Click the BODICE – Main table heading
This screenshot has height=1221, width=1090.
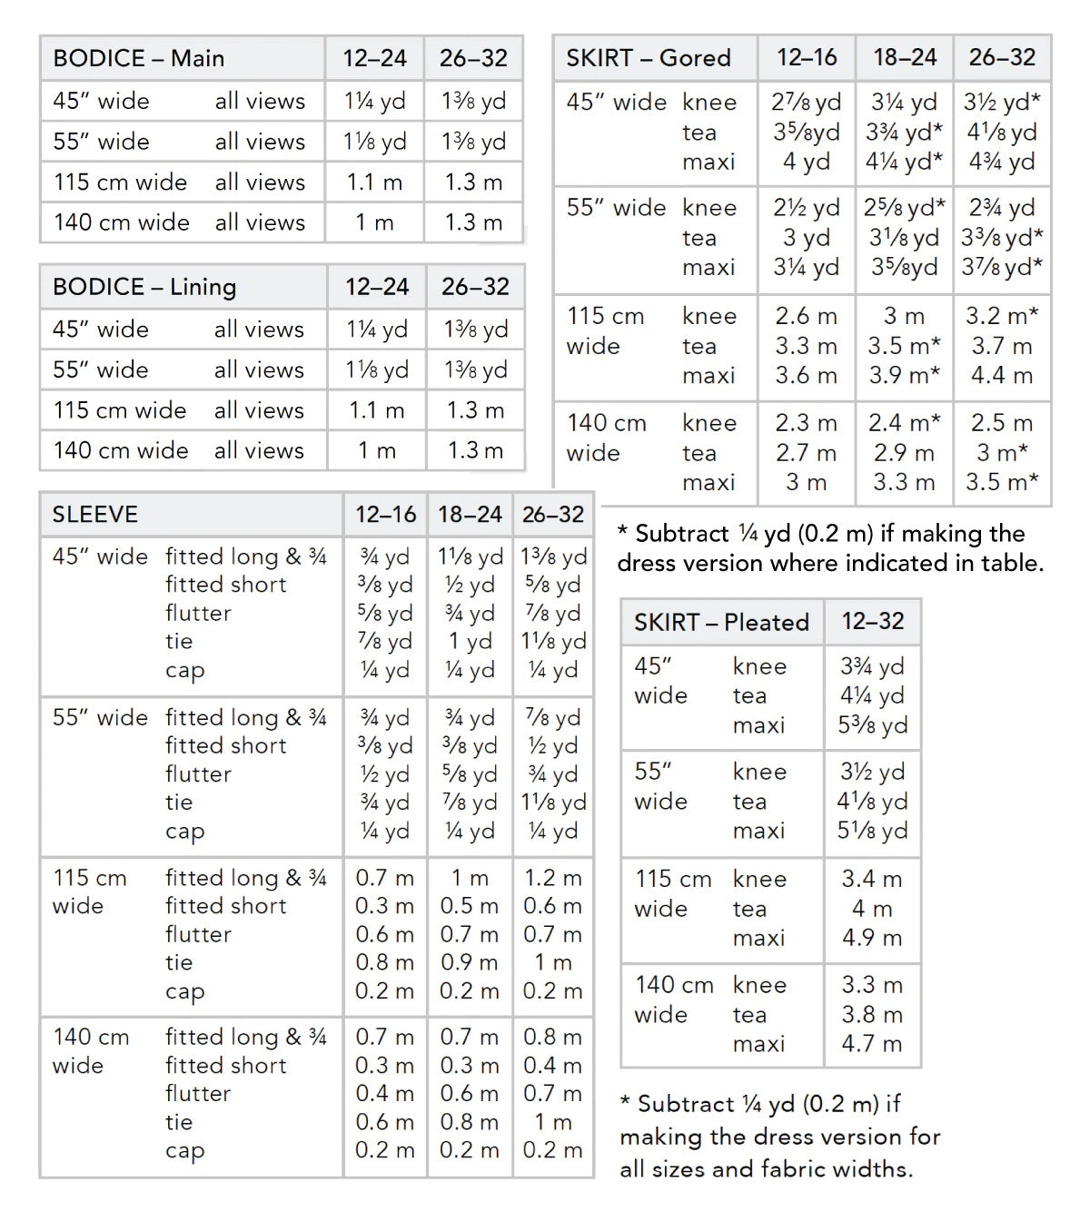click(x=138, y=58)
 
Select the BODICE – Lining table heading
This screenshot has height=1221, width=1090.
click(x=144, y=287)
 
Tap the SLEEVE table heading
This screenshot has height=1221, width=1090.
click(x=94, y=515)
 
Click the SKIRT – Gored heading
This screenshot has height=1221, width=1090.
click(x=648, y=58)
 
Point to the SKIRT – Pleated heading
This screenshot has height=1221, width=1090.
click(x=721, y=622)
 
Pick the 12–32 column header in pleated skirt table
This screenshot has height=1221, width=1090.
click(x=872, y=622)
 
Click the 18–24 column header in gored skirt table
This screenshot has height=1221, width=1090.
click(x=904, y=58)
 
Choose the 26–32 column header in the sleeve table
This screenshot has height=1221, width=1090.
click(x=552, y=515)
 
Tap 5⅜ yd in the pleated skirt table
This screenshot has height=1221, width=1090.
click(x=872, y=725)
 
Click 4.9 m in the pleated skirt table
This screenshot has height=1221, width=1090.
click(x=872, y=938)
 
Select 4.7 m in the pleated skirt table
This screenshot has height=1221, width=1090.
click(x=872, y=1044)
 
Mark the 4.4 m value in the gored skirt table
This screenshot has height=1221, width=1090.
click(x=1002, y=375)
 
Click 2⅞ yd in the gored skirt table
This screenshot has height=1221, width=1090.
click(x=807, y=103)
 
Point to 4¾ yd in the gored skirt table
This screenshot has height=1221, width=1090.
click(x=1002, y=162)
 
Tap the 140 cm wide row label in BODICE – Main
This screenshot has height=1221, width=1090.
click(x=121, y=222)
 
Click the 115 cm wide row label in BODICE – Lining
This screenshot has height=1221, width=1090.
click(x=119, y=410)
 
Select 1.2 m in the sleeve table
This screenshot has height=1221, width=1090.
click(x=552, y=878)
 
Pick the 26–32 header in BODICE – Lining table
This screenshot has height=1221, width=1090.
click(x=475, y=287)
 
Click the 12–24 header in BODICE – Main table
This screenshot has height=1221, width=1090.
click(x=374, y=58)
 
